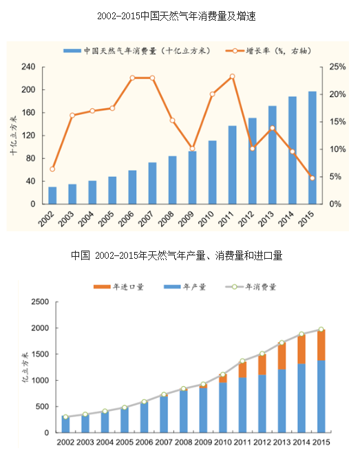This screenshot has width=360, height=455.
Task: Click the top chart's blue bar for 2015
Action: (312, 148)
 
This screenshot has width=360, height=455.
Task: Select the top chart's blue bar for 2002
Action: (52, 195)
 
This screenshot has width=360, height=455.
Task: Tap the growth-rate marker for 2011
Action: (233, 76)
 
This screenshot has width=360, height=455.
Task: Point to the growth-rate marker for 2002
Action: (52, 169)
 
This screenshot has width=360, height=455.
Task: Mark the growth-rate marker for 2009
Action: (192, 149)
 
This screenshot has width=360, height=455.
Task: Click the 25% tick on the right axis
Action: (337, 67)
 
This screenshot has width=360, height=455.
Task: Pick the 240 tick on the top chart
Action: (28, 67)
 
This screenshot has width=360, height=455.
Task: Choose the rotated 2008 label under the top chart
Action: (166, 219)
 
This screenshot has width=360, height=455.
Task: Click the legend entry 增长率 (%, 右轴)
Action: (268, 51)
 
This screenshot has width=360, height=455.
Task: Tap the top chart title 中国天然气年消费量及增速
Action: (198, 16)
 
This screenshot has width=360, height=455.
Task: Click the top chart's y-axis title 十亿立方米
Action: (14, 136)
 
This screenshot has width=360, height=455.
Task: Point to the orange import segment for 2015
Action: (321, 345)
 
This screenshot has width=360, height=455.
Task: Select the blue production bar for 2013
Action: (282, 401)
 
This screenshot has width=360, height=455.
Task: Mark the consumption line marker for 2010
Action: (223, 374)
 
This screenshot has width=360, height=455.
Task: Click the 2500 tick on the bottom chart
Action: (40, 301)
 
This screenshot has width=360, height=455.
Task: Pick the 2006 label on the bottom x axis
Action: (144, 443)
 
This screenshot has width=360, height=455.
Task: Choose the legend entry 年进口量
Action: (118, 287)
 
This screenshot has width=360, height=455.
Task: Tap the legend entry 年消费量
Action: (251, 287)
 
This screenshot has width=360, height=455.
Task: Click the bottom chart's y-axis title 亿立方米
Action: (25, 368)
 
